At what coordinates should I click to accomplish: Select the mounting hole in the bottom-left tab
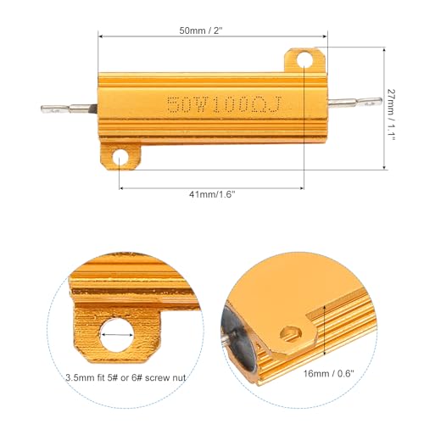pyautogui.click(x=120, y=158)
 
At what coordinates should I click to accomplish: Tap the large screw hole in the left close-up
pyautogui.click(x=117, y=336)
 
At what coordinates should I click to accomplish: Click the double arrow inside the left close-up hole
pyautogui.click(x=117, y=335)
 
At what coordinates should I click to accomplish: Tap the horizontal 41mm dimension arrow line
pyautogui.click(x=211, y=187)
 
